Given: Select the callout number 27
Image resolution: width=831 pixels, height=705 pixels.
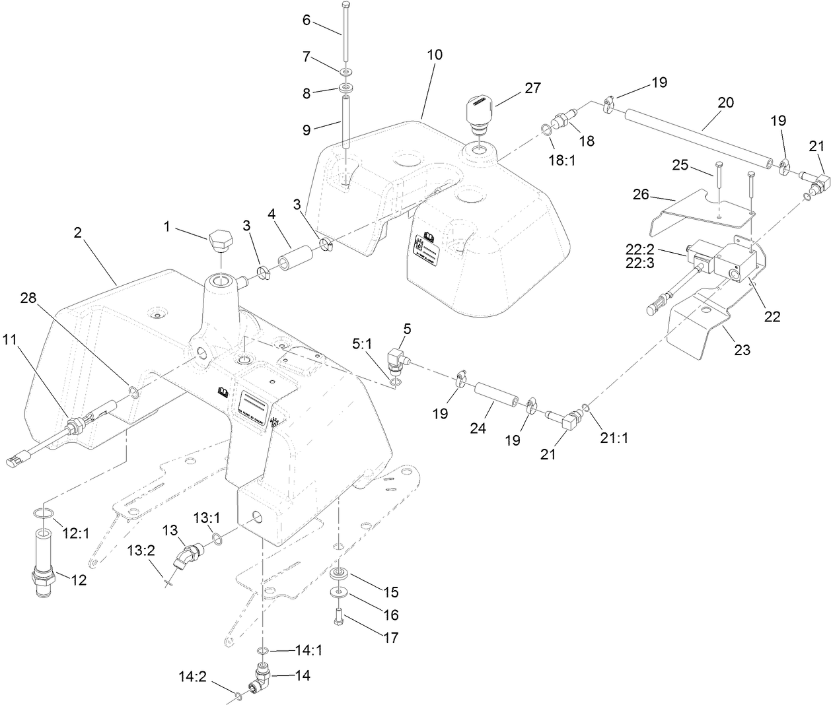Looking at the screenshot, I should [532, 88].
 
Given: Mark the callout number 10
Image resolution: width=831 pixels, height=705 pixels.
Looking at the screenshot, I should [435, 55].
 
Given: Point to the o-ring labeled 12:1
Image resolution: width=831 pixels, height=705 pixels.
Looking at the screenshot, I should [44, 514].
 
